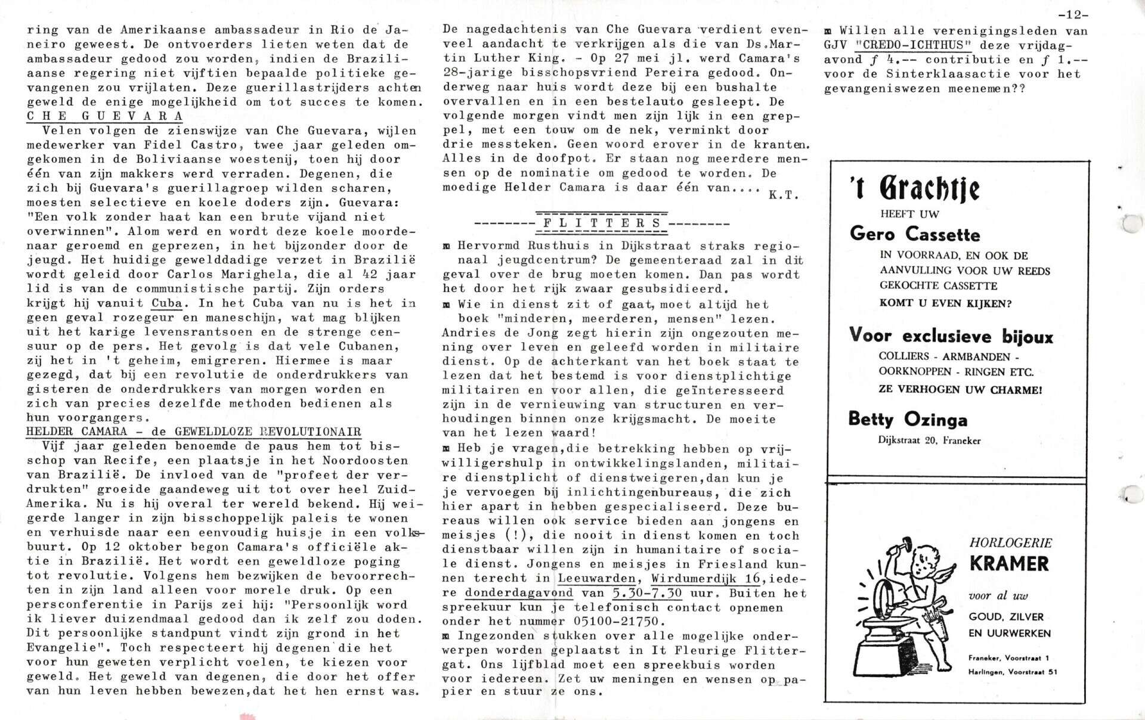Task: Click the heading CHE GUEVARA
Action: (x=104, y=116)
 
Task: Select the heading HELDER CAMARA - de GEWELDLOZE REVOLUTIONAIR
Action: (x=194, y=432)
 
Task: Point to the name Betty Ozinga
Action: (x=908, y=420)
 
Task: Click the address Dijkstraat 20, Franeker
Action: (x=929, y=440)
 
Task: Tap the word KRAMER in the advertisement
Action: (x=1009, y=563)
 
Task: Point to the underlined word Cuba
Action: (x=167, y=303)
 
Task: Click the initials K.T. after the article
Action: (x=784, y=195)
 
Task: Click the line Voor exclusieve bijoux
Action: (x=951, y=337)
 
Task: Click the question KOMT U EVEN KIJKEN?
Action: (x=945, y=303)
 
